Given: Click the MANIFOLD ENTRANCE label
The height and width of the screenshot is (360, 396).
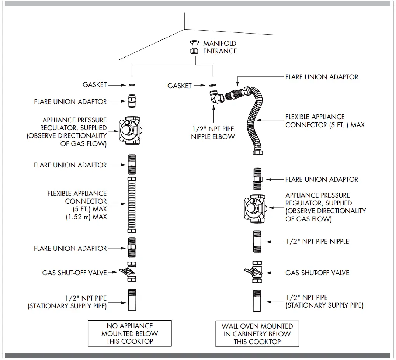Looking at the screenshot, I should pyautogui.click(x=220, y=47).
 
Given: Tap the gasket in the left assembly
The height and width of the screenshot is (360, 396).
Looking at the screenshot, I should pyautogui.click(x=131, y=85).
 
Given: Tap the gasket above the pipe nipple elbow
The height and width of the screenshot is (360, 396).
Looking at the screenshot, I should pyautogui.click(x=212, y=86).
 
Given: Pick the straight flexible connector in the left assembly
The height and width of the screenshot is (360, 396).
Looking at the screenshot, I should pyautogui.click(x=131, y=205).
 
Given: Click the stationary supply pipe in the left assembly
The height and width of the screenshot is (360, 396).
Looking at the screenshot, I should pyautogui.click(x=132, y=301).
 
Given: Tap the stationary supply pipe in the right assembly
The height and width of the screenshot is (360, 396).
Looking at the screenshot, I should pyautogui.click(x=257, y=301).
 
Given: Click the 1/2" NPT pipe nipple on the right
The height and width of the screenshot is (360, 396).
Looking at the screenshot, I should pyautogui.click(x=257, y=242).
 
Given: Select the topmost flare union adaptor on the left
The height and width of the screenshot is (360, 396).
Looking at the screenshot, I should pyautogui.click(x=131, y=101).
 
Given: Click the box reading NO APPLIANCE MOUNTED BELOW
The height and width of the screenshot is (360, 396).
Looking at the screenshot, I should pyautogui.click(x=129, y=333).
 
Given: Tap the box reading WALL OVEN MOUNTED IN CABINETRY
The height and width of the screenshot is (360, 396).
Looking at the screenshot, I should pyautogui.click(x=257, y=334).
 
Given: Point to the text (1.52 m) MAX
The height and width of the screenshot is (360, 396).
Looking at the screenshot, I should pyautogui.click(x=86, y=217).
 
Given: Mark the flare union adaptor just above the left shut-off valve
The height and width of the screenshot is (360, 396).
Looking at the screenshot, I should pyautogui.click(x=132, y=247).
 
